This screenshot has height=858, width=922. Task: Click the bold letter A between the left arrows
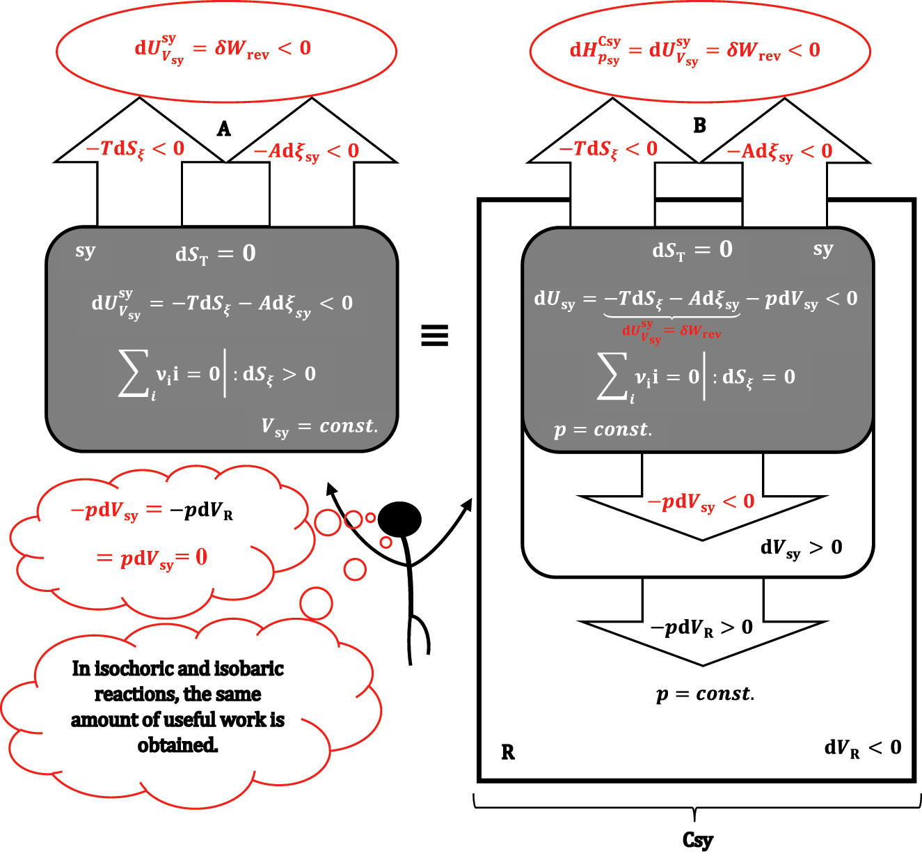click(x=223, y=129)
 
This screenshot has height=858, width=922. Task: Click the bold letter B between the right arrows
click(x=699, y=125)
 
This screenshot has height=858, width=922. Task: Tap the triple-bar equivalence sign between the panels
click(x=434, y=336)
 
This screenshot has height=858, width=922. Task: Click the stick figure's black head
click(x=399, y=520)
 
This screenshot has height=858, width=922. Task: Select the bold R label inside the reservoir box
click(x=508, y=753)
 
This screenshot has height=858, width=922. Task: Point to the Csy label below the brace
click(x=697, y=841)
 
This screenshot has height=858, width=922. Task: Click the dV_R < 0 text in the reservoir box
click(x=862, y=749)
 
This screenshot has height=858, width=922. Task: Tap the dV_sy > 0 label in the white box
click(x=801, y=548)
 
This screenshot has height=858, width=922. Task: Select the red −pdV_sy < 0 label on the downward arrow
click(x=701, y=502)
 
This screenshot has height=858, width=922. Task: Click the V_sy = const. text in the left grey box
click(x=319, y=427)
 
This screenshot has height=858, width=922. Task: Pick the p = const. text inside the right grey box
click(x=603, y=430)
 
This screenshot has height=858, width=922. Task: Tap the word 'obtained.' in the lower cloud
click(x=177, y=745)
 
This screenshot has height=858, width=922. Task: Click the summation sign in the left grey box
click(x=134, y=375)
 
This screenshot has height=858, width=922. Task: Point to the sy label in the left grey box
click(x=85, y=251)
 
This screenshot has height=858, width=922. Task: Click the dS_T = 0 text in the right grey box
click(x=692, y=250)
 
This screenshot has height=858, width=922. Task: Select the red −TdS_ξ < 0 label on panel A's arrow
click(x=135, y=149)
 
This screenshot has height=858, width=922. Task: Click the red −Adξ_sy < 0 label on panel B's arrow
click(x=779, y=152)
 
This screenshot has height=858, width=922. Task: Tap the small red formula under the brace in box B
click(x=671, y=331)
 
